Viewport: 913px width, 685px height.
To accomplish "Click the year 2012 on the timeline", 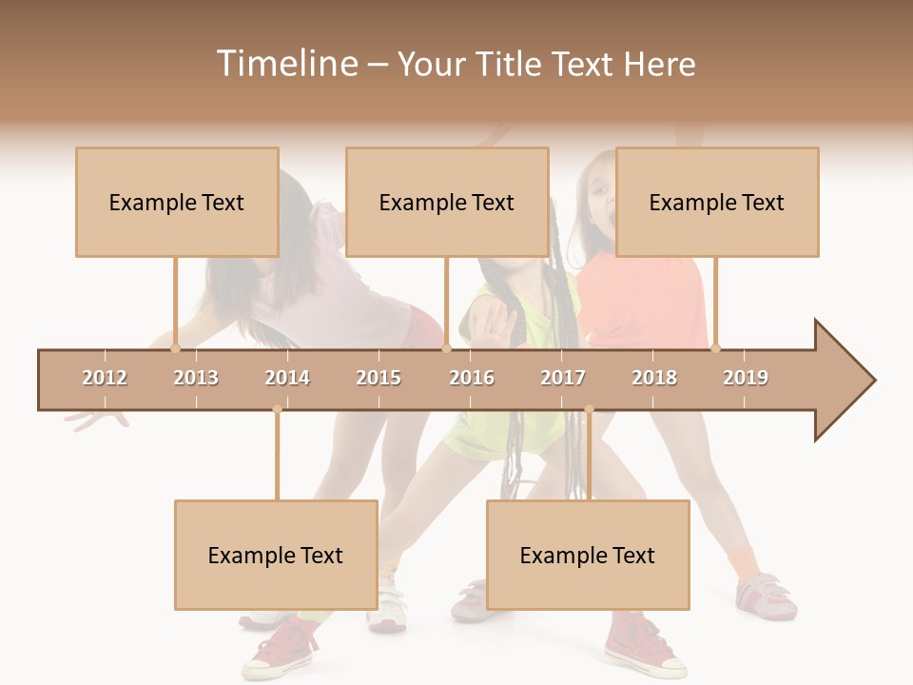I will coord(105,378).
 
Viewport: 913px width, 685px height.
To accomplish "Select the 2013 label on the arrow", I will coord(196,378).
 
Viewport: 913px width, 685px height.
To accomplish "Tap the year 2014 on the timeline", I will coord(287,378).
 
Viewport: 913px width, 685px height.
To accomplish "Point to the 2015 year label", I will coord(379,378).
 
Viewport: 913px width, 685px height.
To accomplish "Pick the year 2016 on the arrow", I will coord(472,378).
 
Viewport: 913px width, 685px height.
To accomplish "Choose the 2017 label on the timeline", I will coord(563,378).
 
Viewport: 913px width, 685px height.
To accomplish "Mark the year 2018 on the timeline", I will coord(654,378).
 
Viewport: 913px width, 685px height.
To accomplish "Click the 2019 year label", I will coord(746,378).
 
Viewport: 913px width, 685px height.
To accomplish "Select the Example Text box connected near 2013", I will coord(177,202).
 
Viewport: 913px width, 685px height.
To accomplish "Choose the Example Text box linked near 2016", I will coord(447,202).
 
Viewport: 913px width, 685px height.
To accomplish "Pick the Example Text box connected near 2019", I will coord(717,202).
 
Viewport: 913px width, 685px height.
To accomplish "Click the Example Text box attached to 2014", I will coord(276,555).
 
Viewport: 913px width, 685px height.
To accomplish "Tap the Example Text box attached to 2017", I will coord(588,555).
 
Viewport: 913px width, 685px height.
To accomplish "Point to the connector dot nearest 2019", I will coord(715,348).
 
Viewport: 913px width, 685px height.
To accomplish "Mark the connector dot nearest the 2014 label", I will coord(277,409).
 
